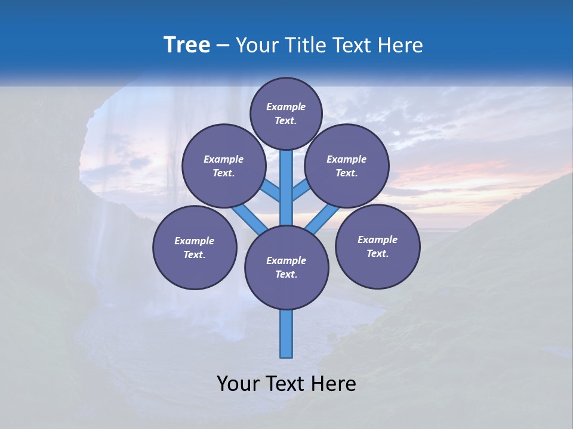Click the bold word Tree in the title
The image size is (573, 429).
[187, 45]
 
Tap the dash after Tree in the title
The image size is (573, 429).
[223, 45]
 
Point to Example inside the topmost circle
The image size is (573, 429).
[286, 107]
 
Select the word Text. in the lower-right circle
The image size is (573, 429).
[377, 253]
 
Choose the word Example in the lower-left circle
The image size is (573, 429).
[194, 241]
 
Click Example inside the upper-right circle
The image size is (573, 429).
[346, 159]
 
